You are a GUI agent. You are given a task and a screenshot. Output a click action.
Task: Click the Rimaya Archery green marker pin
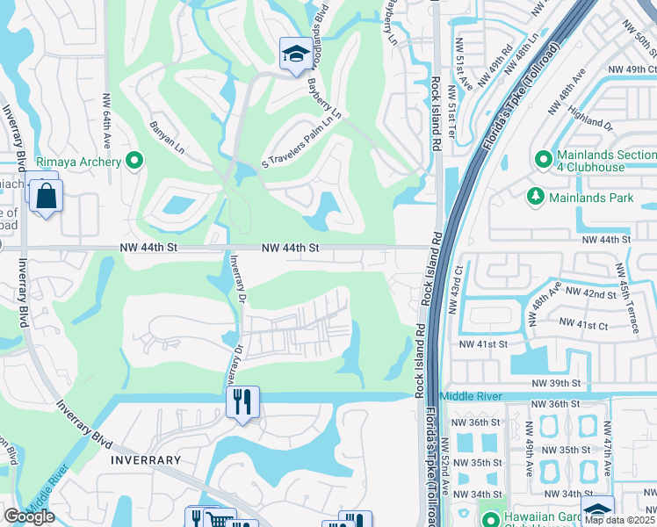pyautogui.click(x=134, y=161)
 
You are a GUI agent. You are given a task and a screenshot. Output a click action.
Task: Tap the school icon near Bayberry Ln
pyautogui.click(x=292, y=54)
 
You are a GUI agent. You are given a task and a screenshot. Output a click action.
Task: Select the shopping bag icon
pyautogui.click(x=46, y=196)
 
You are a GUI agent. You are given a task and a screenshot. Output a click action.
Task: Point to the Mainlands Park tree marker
pyautogui.click(x=534, y=197)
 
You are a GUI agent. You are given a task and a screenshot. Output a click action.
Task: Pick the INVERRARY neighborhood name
pyautogui.click(x=146, y=459)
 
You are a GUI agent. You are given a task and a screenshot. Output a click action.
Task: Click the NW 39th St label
pyautogui.click(x=557, y=383)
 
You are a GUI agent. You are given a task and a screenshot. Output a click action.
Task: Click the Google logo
pyautogui.click(x=29, y=516)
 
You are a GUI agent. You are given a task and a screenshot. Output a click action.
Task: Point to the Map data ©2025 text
pyautogui.click(x=618, y=520)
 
